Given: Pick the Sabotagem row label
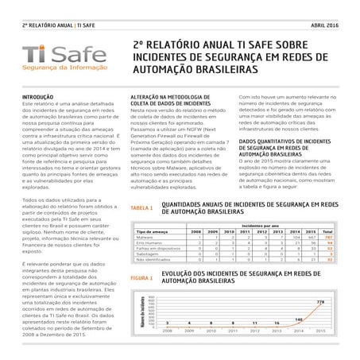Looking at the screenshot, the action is click(148, 254).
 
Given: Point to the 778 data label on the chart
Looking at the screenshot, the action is click(321, 302).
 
